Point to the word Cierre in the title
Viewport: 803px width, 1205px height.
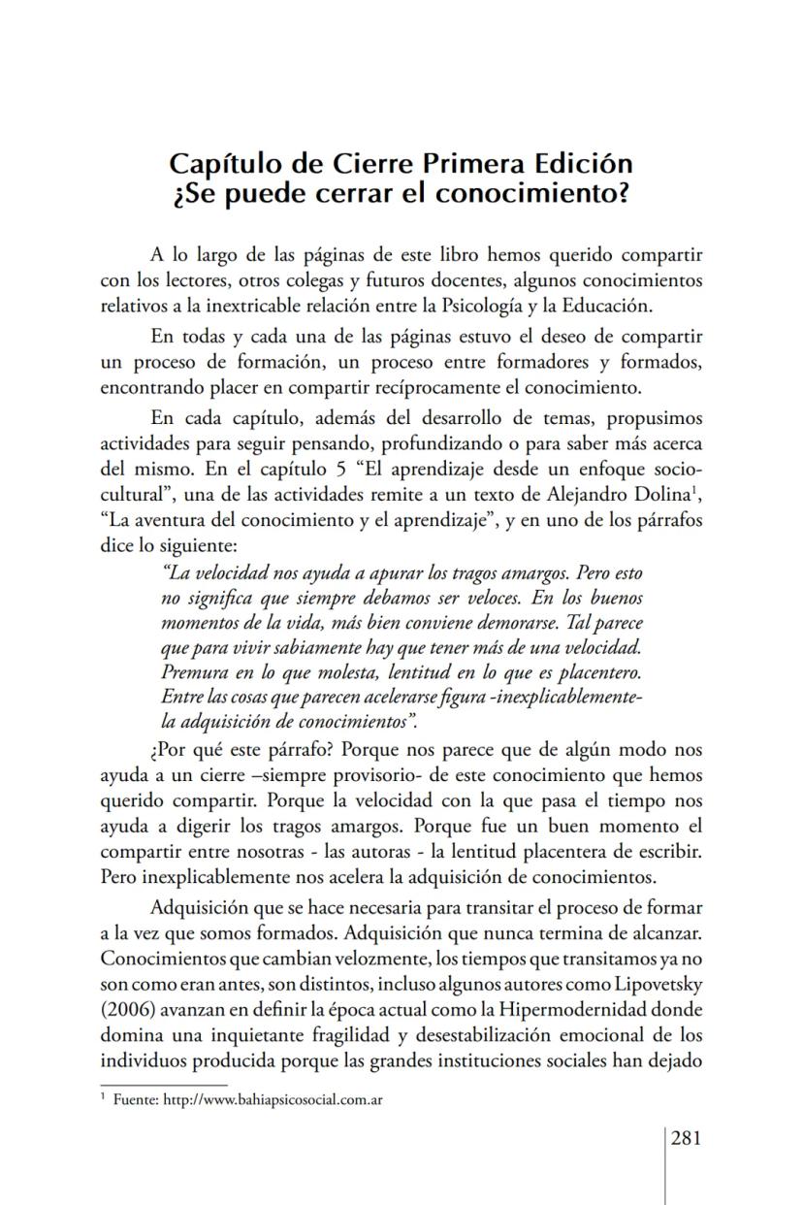(x=370, y=162)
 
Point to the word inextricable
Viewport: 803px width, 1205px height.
(x=275, y=306)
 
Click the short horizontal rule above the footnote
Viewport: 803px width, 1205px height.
(x=163, y=1084)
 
